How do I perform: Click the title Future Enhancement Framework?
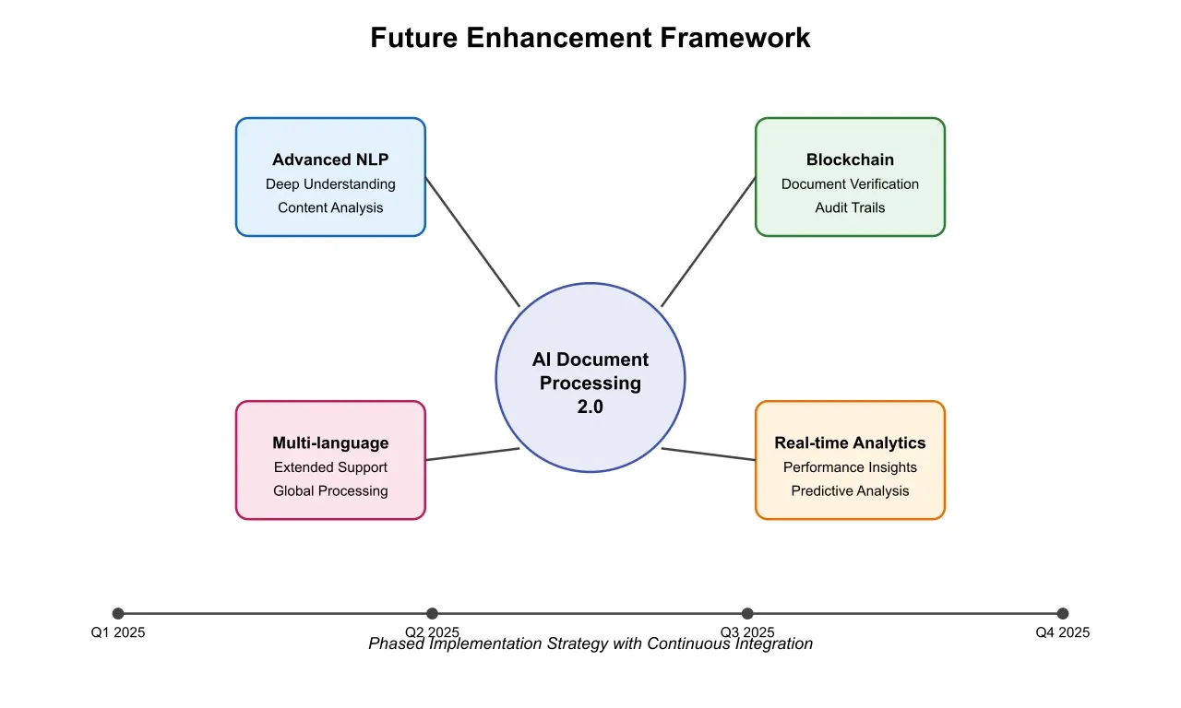[590, 38]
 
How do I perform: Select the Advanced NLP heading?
[330, 159]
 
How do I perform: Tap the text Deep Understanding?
[330, 184]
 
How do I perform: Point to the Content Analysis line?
[330, 207]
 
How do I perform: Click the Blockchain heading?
[850, 159]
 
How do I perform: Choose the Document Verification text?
[850, 184]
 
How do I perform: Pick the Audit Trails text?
[850, 207]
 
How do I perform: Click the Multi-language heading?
[330, 442]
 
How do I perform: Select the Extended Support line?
[330, 467]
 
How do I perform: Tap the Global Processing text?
[330, 490]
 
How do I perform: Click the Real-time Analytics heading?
[850, 442]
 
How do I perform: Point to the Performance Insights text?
[850, 467]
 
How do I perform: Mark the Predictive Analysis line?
[850, 490]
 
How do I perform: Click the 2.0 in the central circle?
[590, 407]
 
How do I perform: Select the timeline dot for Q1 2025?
[118, 613]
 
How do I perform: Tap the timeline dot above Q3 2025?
[747, 613]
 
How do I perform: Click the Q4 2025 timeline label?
[1062, 632]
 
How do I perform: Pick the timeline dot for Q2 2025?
[433, 613]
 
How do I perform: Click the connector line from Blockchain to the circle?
[709, 242]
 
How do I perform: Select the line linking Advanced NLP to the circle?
[472, 242]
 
